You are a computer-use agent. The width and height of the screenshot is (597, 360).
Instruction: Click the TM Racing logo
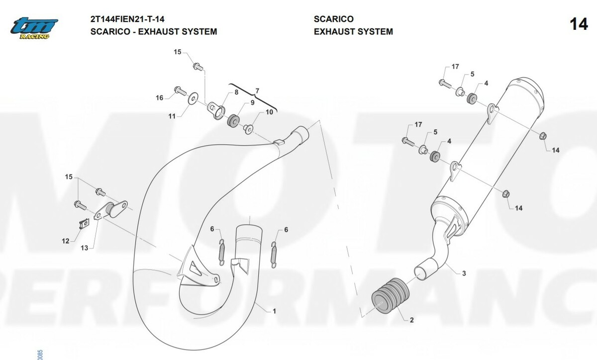(x=34, y=28)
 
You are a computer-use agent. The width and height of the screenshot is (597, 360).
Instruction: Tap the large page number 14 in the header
(x=579, y=24)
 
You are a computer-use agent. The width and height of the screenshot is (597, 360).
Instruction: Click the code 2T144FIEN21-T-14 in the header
(x=127, y=19)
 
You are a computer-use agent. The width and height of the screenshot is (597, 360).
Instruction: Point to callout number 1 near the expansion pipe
(x=274, y=311)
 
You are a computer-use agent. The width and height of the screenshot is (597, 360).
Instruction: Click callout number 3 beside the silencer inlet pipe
(x=464, y=273)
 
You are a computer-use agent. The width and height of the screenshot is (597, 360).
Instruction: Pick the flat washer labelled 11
(x=193, y=98)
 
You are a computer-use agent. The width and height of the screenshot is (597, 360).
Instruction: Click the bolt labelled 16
(x=181, y=91)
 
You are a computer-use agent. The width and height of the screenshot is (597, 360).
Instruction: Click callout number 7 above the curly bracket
(x=257, y=91)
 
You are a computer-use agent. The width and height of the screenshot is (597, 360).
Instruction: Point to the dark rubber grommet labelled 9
(x=233, y=121)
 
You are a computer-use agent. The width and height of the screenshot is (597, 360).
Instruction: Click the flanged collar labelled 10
(x=248, y=129)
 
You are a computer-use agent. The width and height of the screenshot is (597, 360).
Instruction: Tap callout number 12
(x=66, y=241)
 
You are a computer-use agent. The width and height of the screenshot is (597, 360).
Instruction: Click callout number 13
(x=84, y=248)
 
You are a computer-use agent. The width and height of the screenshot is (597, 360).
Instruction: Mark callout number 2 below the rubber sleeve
(x=412, y=320)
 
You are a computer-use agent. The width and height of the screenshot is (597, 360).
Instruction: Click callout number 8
(x=236, y=92)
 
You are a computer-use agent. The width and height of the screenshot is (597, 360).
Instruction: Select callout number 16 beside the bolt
(x=159, y=98)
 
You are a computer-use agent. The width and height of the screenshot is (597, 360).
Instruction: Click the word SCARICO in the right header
(x=334, y=19)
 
